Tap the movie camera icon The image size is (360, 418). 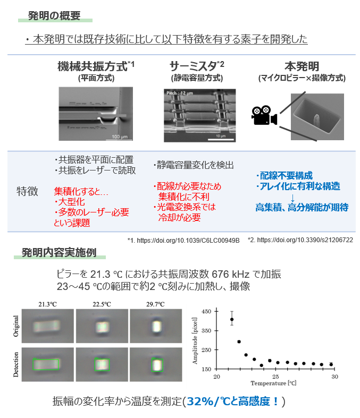pyautogui.click(x=264, y=115)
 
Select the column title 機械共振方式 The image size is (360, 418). pyautogui.click(x=93, y=67)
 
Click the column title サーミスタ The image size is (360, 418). pyautogui.click(x=194, y=67)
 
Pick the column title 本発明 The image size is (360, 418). pyautogui.click(x=302, y=67)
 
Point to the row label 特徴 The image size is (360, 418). pyautogui.click(x=27, y=192)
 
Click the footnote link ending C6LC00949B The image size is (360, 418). pyautogui.click(x=183, y=240)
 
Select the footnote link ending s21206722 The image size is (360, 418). pyautogui.click(x=300, y=240)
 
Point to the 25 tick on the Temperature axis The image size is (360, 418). pyautogui.click(x=275, y=376)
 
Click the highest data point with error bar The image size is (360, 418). pyautogui.click(x=231, y=320)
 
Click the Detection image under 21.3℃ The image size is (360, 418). pyautogui.click(x=48, y=364)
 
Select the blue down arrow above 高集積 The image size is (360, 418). pyautogui.click(x=292, y=198)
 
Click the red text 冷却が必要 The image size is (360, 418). pyautogui.click(x=185, y=217)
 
